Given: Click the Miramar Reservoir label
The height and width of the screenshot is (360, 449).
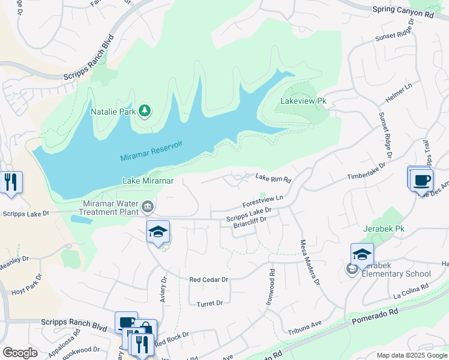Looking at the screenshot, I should click(x=151, y=150).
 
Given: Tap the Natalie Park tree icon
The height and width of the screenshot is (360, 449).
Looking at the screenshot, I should click(x=144, y=111).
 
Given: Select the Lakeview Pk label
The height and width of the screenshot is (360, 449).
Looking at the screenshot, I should click(x=304, y=101).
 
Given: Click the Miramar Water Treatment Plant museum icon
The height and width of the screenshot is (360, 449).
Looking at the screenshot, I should click(x=148, y=208).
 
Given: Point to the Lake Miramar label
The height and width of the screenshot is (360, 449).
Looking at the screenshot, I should click(x=148, y=181).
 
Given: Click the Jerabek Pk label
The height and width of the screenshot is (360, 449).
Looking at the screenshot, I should click(x=384, y=229).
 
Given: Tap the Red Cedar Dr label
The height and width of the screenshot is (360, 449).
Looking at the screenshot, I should click(x=209, y=280).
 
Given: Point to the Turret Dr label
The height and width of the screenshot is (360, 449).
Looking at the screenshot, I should click(x=209, y=304).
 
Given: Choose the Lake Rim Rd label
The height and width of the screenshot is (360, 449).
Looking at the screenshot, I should click(x=273, y=178).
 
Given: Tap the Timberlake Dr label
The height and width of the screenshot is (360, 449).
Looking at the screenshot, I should click(x=365, y=177).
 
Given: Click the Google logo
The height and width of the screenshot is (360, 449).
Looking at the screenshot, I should click(x=20, y=353).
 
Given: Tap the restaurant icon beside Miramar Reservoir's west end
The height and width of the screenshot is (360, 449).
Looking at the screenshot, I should click(x=11, y=182).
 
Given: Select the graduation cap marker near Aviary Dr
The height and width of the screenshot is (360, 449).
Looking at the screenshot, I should click(x=158, y=232).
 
